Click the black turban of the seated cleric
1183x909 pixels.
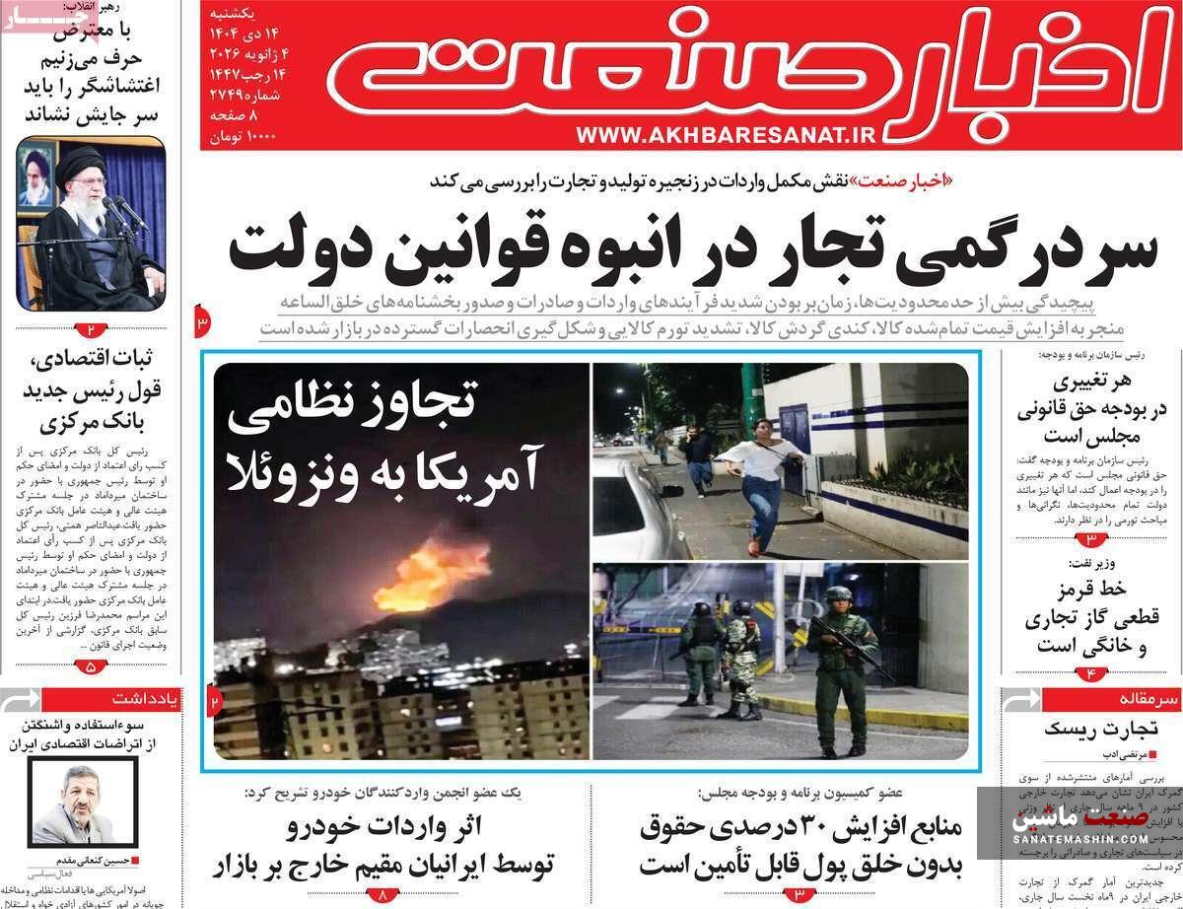click(79, 162)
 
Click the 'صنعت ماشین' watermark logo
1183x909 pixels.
click(1078, 820)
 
